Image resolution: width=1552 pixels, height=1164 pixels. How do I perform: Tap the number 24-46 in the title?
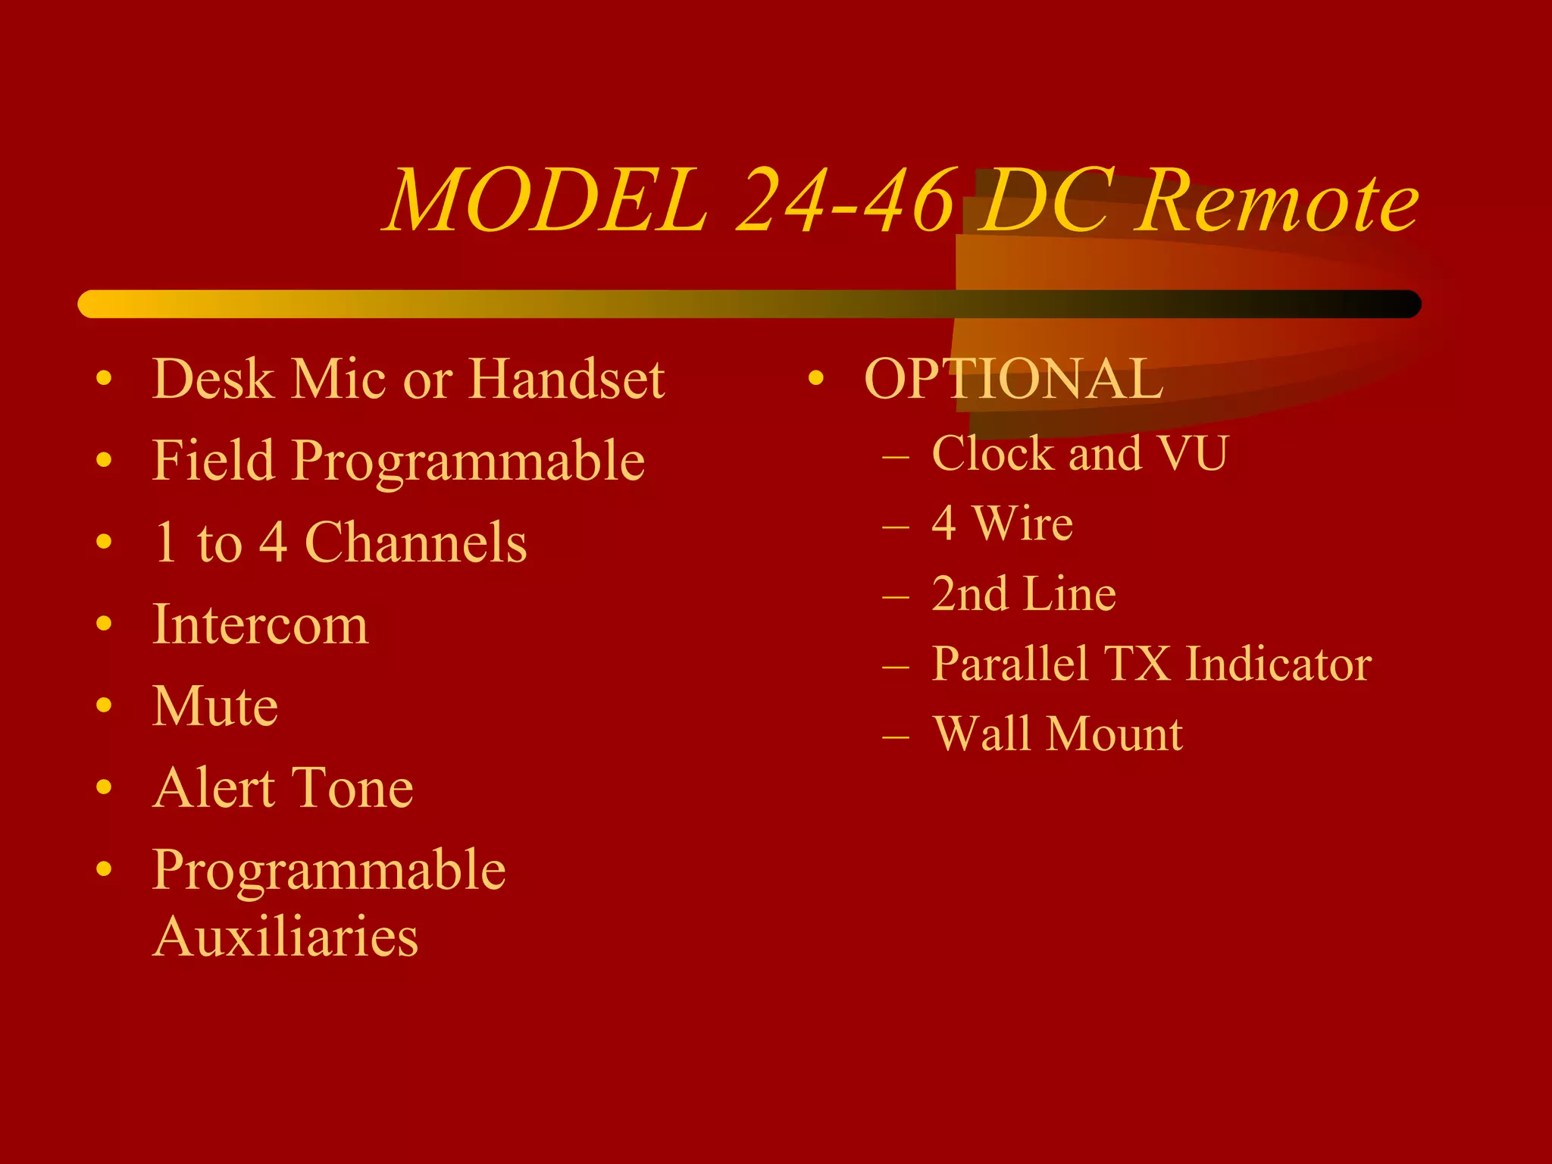[x=844, y=201]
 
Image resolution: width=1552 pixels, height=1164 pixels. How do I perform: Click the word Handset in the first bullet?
[x=567, y=379]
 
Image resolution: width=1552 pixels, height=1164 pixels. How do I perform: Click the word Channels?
[x=415, y=543]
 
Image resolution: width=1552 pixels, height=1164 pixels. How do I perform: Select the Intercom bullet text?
[x=260, y=624]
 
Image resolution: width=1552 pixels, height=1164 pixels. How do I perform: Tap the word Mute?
[x=215, y=706]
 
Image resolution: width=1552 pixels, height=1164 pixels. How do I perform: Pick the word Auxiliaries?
[x=285, y=937]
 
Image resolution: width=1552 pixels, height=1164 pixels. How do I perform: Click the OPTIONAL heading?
[x=1013, y=379]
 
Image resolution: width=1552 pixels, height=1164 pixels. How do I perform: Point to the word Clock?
[x=993, y=453]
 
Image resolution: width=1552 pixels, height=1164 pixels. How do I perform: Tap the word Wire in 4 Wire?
[x=1023, y=523]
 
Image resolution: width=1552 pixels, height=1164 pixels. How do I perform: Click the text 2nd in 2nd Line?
[x=969, y=593]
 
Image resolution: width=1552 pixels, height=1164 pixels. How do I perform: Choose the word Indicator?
[x=1278, y=664]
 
